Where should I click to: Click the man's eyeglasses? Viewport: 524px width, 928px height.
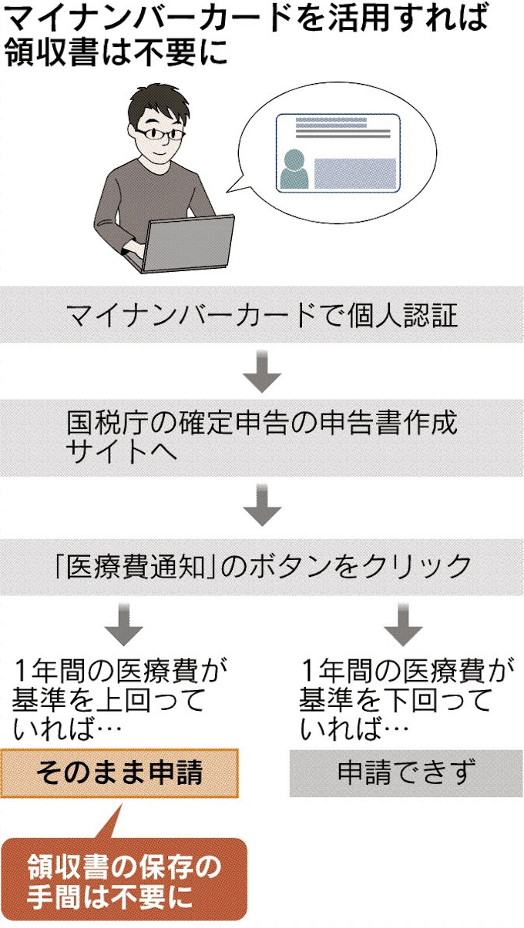coord(164,133)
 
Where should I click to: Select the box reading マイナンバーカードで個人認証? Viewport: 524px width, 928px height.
coord(262,315)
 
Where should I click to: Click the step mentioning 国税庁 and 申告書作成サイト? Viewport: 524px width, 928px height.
coord(262,436)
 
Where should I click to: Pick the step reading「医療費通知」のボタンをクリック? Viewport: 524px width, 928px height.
coord(262,566)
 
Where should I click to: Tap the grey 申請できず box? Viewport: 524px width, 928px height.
coord(405,772)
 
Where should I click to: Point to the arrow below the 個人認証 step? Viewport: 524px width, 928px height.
coord(262,370)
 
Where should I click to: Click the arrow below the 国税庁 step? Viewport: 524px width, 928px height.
coord(262,505)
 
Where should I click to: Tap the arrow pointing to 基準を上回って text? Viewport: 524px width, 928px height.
coord(123,625)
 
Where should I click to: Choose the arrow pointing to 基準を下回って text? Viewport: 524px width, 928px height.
coord(405,625)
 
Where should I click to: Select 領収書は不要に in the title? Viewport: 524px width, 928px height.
coord(116,54)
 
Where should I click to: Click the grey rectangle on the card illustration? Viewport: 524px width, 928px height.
coord(355,173)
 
